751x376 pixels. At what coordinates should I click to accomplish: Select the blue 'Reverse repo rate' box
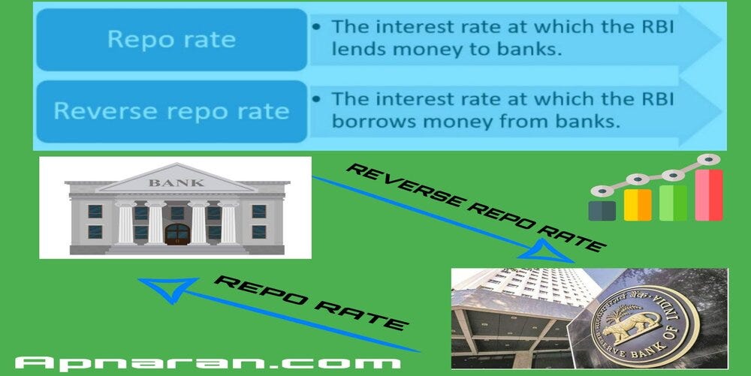coord(171,112)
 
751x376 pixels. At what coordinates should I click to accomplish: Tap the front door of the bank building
coord(177,234)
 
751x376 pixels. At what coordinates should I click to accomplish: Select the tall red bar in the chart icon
coord(708,195)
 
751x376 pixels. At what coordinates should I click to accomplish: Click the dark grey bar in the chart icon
coord(602,210)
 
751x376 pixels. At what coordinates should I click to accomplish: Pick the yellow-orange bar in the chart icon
coord(638,205)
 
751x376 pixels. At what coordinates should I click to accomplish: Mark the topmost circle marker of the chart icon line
coord(707,159)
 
